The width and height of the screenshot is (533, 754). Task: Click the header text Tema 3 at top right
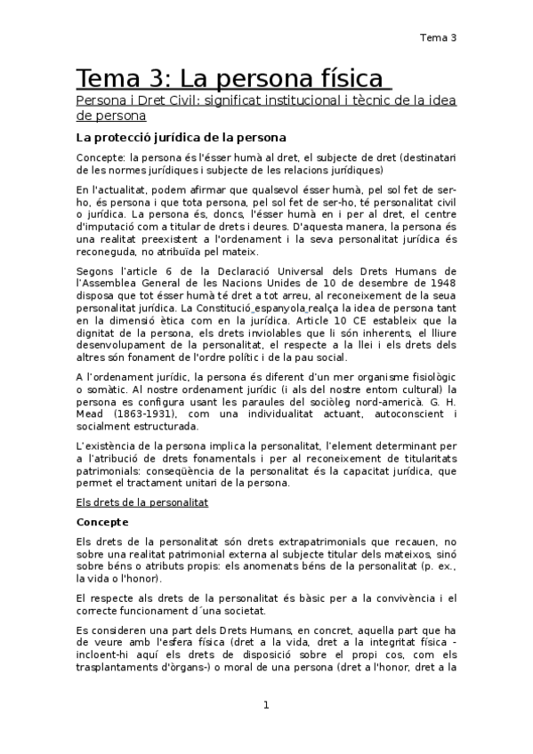tap(438, 37)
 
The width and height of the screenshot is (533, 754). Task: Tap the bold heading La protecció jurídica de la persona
tap(181, 138)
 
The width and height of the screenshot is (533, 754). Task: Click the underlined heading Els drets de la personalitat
tap(142, 502)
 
